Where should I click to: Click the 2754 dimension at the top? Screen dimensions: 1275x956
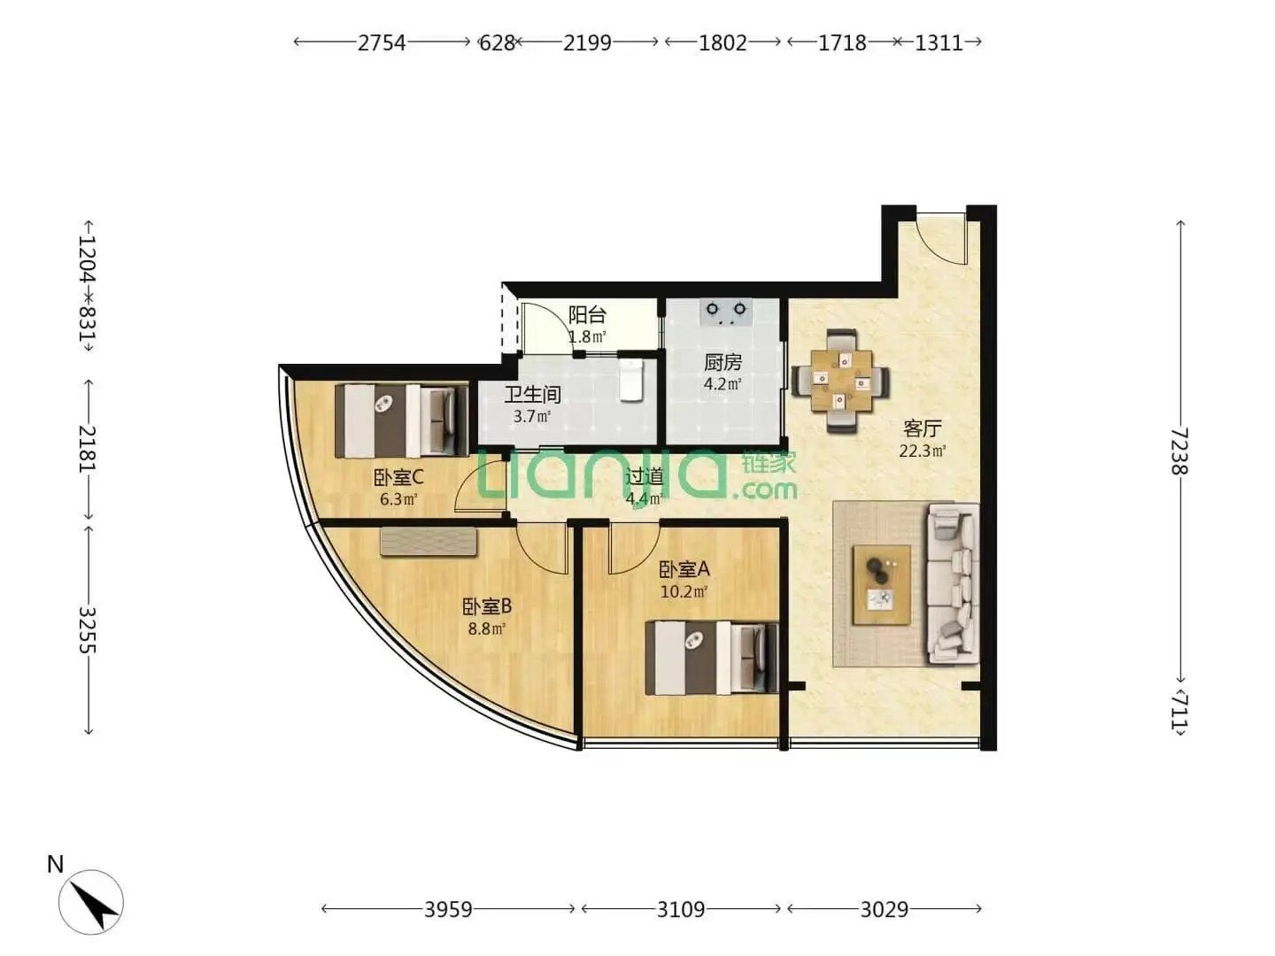pyautogui.click(x=381, y=42)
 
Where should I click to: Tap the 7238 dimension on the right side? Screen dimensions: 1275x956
pyautogui.click(x=1179, y=451)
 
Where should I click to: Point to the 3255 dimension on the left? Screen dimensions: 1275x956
pyautogui.click(x=88, y=630)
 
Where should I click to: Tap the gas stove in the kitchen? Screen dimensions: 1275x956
pyautogui.click(x=725, y=312)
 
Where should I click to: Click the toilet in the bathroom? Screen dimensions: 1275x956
pyautogui.click(x=630, y=380)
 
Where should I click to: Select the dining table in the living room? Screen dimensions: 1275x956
pyautogui.click(x=840, y=382)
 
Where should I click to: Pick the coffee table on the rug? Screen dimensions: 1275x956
pyautogui.click(x=881, y=585)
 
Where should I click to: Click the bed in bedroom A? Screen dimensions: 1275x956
pyautogui.click(x=712, y=658)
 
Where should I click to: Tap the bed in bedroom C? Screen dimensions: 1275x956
pyautogui.click(x=401, y=420)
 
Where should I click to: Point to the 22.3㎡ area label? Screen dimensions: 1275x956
pyautogui.click(x=923, y=451)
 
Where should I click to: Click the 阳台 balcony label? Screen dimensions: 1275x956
pyautogui.click(x=587, y=314)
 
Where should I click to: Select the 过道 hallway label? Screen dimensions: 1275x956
pyautogui.click(x=645, y=476)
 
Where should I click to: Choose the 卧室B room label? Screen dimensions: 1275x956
pyautogui.click(x=487, y=606)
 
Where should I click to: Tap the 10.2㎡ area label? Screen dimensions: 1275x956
pyautogui.click(x=684, y=592)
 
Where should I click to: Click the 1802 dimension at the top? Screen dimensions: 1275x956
pyautogui.click(x=722, y=42)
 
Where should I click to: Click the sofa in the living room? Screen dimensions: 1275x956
pyautogui.click(x=953, y=584)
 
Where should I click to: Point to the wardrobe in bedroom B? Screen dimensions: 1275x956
pyautogui.click(x=429, y=542)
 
